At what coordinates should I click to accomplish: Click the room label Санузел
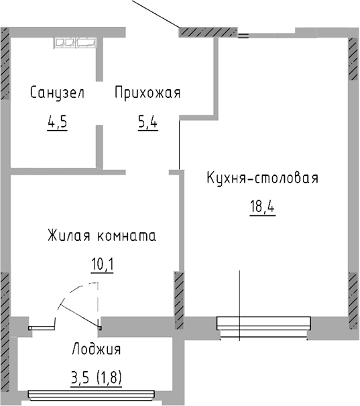[x=57, y=93]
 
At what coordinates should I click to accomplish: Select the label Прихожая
[x=147, y=93]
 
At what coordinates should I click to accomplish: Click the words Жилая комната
[x=102, y=236]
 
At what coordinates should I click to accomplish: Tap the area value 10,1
[x=103, y=264]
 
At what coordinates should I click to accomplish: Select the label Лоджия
[x=96, y=349]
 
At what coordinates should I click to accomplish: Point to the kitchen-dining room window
[x=263, y=324]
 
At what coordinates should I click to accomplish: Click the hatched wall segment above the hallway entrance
[x=208, y=32]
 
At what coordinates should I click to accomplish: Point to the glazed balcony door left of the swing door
[x=42, y=327]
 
